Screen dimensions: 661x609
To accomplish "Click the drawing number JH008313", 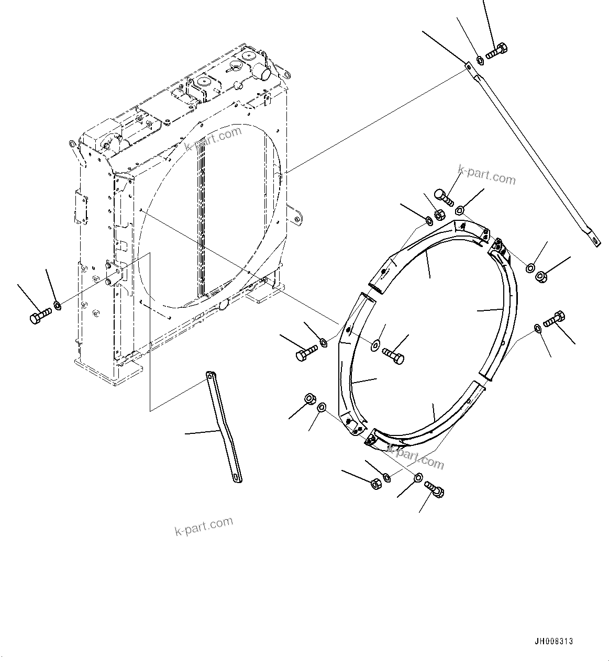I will [x=553, y=641].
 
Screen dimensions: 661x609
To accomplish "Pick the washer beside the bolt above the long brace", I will [x=480, y=61].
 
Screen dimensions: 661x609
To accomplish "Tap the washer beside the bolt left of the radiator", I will [x=58, y=305].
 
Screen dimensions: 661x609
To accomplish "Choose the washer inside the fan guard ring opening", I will [x=375, y=344].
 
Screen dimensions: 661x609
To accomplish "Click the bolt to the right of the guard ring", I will [x=554, y=318].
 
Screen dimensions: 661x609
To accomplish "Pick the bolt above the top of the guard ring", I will [x=443, y=197].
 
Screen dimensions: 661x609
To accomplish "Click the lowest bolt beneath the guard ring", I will [x=435, y=488].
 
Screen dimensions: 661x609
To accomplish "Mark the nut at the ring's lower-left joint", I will [x=309, y=400].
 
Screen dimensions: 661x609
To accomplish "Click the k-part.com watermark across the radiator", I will [x=213, y=139].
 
